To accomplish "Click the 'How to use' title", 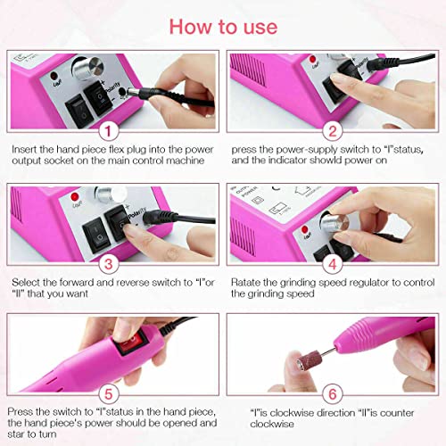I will pyautogui.click(x=223, y=26).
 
